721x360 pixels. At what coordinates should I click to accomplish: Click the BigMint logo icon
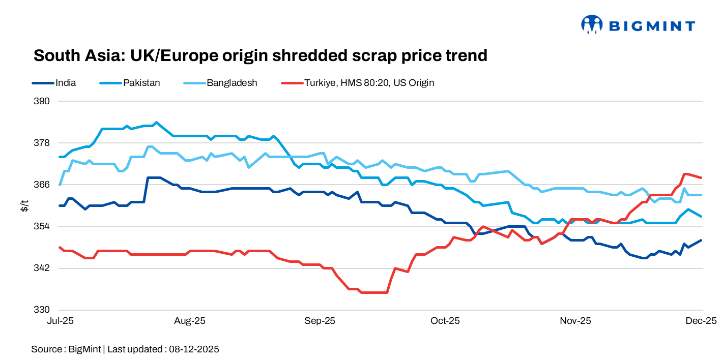(x=592, y=24)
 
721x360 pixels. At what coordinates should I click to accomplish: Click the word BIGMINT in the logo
(x=652, y=26)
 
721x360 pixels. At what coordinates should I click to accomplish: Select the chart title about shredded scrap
(x=260, y=55)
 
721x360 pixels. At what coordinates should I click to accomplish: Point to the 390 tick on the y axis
(x=42, y=101)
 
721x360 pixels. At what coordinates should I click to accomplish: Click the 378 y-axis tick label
(x=42, y=143)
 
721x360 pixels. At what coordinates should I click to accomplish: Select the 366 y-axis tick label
(x=42, y=185)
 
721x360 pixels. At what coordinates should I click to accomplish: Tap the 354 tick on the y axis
(x=42, y=226)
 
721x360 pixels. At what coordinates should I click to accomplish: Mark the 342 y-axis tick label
(x=42, y=268)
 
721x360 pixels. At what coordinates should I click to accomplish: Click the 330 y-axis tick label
(x=42, y=310)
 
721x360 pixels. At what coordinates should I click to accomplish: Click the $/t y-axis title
(x=24, y=205)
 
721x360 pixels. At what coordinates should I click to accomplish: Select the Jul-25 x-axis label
(x=60, y=321)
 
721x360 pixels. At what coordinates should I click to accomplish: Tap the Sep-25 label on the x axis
(x=320, y=321)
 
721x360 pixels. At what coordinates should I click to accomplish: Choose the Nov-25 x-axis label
(x=575, y=321)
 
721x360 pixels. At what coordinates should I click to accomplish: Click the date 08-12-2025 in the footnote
(x=194, y=349)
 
